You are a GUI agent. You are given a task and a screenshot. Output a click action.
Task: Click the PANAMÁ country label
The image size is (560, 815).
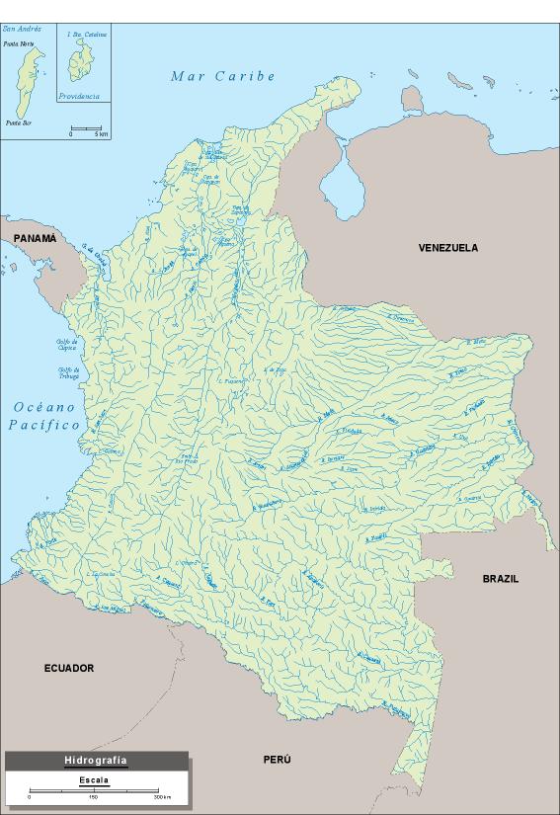(35, 239)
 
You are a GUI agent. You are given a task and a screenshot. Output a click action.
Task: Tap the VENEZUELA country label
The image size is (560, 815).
(447, 248)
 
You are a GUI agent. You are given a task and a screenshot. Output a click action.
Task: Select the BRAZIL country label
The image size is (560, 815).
(500, 579)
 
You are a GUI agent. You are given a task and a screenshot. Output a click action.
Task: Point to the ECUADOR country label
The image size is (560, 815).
(68, 669)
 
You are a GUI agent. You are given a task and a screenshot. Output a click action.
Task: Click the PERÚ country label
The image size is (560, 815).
(278, 760)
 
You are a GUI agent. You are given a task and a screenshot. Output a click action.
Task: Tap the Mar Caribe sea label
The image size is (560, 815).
(222, 76)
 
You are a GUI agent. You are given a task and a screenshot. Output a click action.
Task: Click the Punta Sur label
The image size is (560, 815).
(19, 123)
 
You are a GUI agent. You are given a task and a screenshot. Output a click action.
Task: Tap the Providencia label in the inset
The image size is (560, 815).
(78, 96)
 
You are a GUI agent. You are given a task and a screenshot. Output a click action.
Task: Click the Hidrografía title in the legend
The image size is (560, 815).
(95, 761)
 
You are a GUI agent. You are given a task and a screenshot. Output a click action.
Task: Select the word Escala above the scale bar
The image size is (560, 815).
(95, 780)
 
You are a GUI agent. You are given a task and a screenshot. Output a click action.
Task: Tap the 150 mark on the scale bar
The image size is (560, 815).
(94, 796)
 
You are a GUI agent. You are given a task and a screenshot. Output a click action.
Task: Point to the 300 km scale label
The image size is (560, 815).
(161, 796)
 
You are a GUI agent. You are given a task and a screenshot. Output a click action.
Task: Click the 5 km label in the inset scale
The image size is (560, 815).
(101, 134)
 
